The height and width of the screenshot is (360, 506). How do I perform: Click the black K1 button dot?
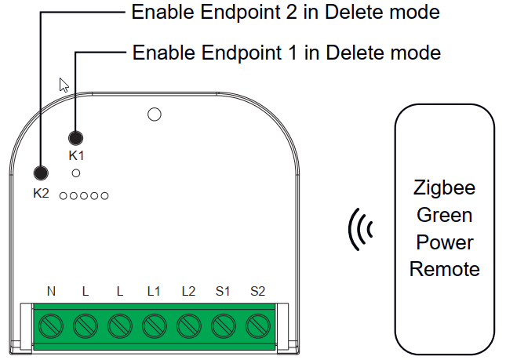tap(76, 138)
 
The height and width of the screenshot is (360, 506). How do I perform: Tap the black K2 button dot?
tap(40, 174)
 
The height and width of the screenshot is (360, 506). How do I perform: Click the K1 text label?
tap(76, 156)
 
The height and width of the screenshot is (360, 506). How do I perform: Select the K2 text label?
tap(41, 193)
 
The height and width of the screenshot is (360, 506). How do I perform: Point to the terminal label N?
tap(51, 292)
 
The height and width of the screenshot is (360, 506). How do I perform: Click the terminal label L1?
tap(153, 292)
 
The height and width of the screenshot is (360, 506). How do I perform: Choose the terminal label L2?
tap(187, 292)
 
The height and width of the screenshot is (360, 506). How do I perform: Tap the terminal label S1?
tap(223, 292)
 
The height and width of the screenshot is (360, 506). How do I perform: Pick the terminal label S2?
tap(257, 292)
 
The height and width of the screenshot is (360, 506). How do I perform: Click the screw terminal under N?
tap(51, 324)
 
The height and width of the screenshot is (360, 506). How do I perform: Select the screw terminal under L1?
tap(154, 324)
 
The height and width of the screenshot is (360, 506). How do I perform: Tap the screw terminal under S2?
tap(257, 324)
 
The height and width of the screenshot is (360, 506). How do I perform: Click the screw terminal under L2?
tap(188, 324)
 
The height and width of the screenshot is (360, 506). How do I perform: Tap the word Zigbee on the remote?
tap(444, 188)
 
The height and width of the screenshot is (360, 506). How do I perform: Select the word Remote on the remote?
tap(444, 269)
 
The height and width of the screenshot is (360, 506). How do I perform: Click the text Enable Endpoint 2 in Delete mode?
tap(285, 12)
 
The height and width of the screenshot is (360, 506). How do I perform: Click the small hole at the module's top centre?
tap(155, 115)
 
